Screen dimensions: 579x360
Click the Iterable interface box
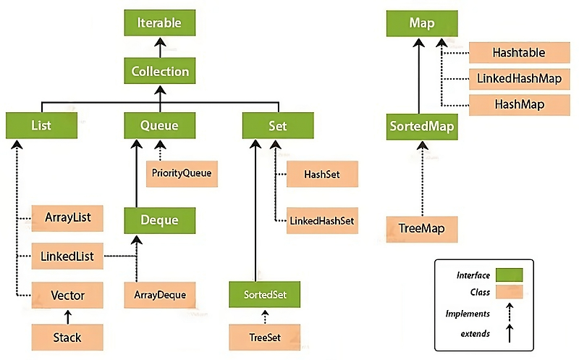[x=159, y=23]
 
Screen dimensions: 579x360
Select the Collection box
[x=159, y=71]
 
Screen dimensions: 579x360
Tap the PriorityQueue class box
[x=182, y=174]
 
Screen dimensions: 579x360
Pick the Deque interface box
[x=159, y=220]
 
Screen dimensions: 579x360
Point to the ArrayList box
[x=67, y=218]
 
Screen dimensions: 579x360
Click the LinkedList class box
[x=67, y=256]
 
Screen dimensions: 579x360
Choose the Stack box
[x=67, y=337]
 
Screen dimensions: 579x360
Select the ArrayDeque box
[x=159, y=295]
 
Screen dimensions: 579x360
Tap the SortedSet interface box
[x=264, y=294]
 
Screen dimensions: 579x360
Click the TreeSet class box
[x=264, y=337]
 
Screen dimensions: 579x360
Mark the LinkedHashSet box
[x=322, y=221]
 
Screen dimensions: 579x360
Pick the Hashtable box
[x=519, y=52]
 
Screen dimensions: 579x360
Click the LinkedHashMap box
[x=519, y=79]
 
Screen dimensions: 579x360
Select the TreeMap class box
[x=422, y=229]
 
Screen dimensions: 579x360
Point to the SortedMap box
[x=422, y=127]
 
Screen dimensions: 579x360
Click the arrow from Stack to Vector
[x=67, y=317]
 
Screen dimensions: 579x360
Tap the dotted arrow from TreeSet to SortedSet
[x=265, y=317]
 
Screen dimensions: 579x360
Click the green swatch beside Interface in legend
[x=510, y=275]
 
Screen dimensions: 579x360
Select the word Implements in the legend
[x=468, y=314]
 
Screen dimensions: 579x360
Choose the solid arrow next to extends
[x=510, y=333]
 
